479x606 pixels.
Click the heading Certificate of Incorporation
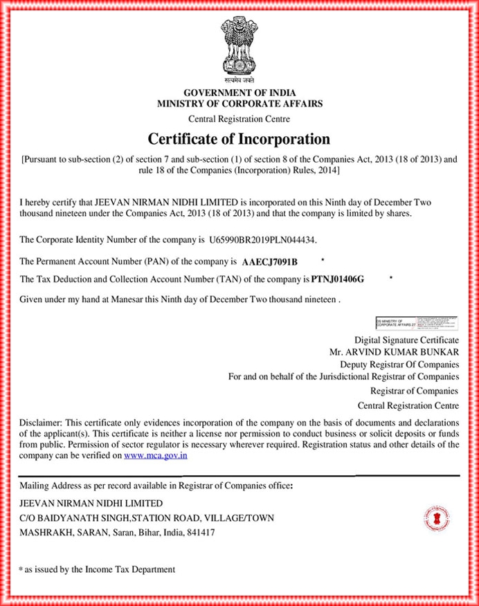[239, 138]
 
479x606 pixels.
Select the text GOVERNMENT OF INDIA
[239, 93]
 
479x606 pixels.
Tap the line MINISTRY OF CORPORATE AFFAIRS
[239, 104]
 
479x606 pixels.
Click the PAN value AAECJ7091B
[270, 262]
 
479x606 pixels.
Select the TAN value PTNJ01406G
[337, 279]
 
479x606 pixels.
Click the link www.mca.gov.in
[156, 456]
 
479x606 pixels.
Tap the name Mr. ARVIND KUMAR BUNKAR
[394, 351]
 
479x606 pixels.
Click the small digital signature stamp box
[416, 322]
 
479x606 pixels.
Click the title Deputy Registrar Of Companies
[399, 364]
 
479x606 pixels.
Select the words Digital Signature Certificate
[406, 340]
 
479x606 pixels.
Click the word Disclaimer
[41, 423]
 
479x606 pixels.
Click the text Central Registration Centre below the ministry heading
[239, 119]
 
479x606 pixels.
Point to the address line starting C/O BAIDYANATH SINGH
[147, 517]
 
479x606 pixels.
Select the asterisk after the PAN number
[323, 259]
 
